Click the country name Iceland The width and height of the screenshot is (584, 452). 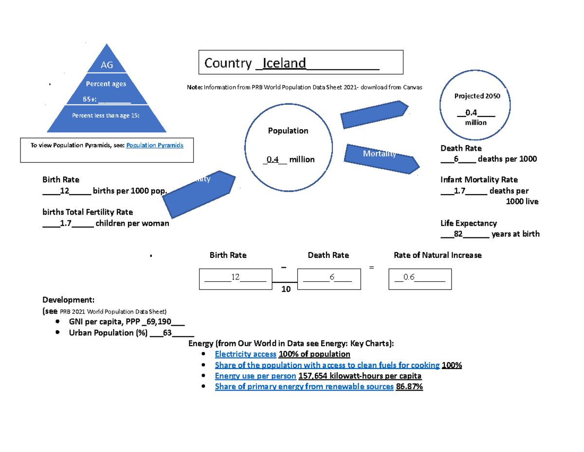pyautogui.click(x=284, y=63)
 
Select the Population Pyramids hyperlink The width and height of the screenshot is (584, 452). pyautogui.click(x=155, y=145)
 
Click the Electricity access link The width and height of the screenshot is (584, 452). pyautogui.click(x=245, y=354)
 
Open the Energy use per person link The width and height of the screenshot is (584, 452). pyautogui.click(x=255, y=376)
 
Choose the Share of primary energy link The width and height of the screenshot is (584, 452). pyautogui.click(x=304, y=387)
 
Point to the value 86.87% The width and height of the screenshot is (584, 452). pyautogui.click(x=410, y=387)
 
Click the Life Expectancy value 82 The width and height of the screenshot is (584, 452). pyautogui.click(x=457, y=234)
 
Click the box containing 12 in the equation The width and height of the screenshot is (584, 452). pyautogui.click(x=235, y=278)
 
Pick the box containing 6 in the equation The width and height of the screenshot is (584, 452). pyautogui.click(x=328, y=278)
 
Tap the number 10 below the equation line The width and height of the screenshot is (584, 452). pyautogui.click(x=286, y=289)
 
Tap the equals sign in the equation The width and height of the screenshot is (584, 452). pyautogui.click(x=371, y=268)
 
